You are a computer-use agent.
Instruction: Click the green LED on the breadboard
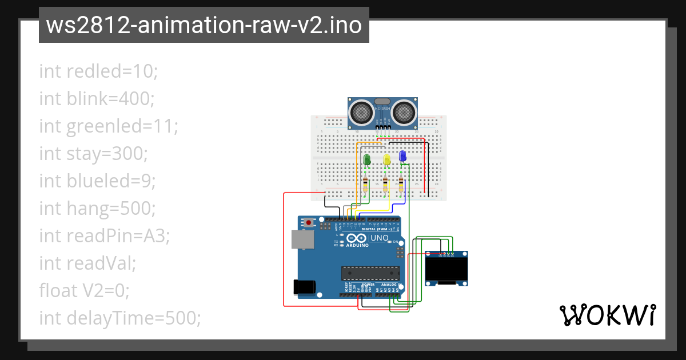(x=367, y=160)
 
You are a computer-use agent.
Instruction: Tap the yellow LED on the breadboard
(x=387, y=160)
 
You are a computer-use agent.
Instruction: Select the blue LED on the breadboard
(x=402, y=155)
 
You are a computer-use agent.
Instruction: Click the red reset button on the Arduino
(x=309, y=222)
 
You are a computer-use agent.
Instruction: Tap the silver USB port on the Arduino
(x=302, y=239)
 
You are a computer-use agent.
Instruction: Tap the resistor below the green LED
(x=366, y=185)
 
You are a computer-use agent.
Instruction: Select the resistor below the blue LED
(x=401, y=185)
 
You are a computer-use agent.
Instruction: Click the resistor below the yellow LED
(x=385, y=185)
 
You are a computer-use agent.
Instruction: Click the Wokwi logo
(x=607, y=315)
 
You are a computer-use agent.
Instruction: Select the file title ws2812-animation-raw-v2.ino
(x=204, y=25)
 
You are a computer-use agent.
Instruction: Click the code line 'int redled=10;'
(x=98, y=71)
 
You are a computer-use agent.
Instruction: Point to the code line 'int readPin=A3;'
(x=105, y=236)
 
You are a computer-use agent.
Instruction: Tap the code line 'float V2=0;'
(x=85, y=291)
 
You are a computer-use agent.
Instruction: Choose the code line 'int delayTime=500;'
(x=120, y=318)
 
